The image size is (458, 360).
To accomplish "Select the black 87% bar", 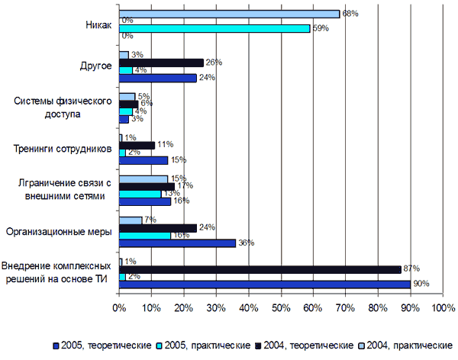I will pyautogui.click(x=260, y=269).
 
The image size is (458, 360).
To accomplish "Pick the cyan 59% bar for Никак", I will pyautogui.click(x=214, y=28).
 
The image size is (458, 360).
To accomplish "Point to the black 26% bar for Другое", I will pyautogui.click(x=161, y=63).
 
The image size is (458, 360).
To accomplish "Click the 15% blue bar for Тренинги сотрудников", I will pyautogui.click(x=143, y=160).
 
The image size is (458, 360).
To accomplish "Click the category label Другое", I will pyautogui.click(x=96, y=66).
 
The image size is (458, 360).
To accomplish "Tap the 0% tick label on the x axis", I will pyautogui.click(x=119, y=309).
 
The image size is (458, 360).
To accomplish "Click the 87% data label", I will pyautogui.click(x=412, y=268).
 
